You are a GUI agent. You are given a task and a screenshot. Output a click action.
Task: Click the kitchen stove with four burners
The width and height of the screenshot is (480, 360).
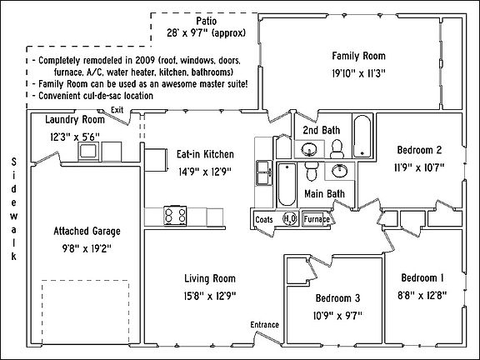(x=176, y=216)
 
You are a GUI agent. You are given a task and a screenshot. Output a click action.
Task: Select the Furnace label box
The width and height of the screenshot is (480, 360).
(x=316, y=219)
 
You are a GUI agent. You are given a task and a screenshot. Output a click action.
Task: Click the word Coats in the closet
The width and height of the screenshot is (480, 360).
(x=264, y=219)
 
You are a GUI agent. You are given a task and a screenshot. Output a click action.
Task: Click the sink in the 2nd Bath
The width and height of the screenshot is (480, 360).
(x=309, y=150)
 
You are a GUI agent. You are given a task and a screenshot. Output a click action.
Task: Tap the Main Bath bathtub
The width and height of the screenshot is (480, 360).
(x=284, y=185)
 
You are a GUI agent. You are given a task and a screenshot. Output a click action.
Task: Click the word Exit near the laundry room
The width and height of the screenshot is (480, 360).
(x=117, y=110)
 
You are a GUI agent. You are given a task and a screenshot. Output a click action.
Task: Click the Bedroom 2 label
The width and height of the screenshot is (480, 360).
(x=419, y=150)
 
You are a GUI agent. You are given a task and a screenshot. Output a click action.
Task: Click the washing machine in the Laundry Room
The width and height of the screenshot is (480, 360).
(x=87, y=151)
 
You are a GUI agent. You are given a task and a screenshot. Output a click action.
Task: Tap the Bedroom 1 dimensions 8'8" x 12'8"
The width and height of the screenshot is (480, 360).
(x=422, y=292)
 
